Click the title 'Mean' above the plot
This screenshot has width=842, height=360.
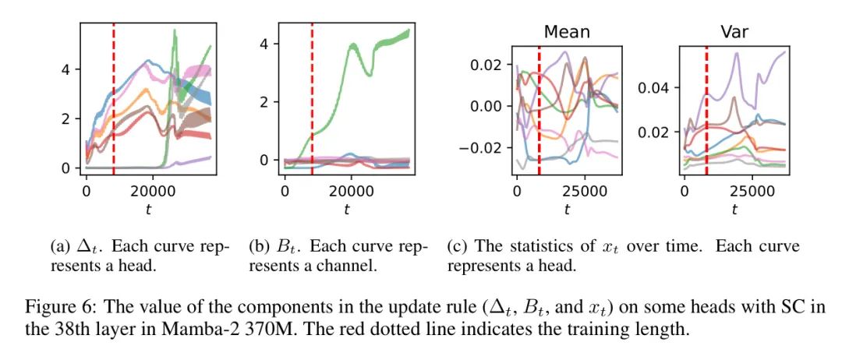coord(567,32)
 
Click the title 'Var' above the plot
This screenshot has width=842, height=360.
coord(734,32)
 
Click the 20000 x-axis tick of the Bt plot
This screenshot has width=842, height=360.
coord(352,190)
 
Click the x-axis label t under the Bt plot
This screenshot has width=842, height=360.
coord(345,208)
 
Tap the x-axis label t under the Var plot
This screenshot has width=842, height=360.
coord(734,208)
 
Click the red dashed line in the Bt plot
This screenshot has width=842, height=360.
coord(312,94)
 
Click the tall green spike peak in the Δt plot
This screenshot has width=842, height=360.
coord(174,31)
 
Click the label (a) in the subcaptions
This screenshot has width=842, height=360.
coord(60,247)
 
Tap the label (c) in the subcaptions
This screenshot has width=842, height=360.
coord(456,247)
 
